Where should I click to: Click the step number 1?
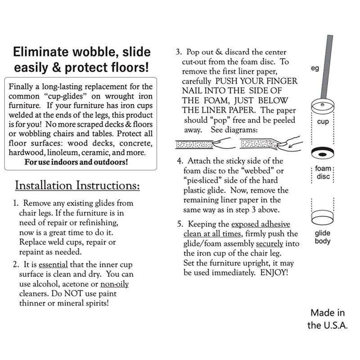pos(16,203)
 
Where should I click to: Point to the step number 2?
pos(16,265)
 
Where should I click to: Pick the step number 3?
pos(178,52)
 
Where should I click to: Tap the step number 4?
pos(180,161)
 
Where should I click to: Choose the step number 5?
pos(179,224)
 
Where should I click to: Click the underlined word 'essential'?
pos(53,265)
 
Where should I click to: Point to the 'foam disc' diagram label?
pos(323,173)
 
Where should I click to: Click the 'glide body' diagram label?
pos(323,237)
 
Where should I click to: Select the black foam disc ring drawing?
pos(323,153)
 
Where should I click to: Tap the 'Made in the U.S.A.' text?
pos(328,319)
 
